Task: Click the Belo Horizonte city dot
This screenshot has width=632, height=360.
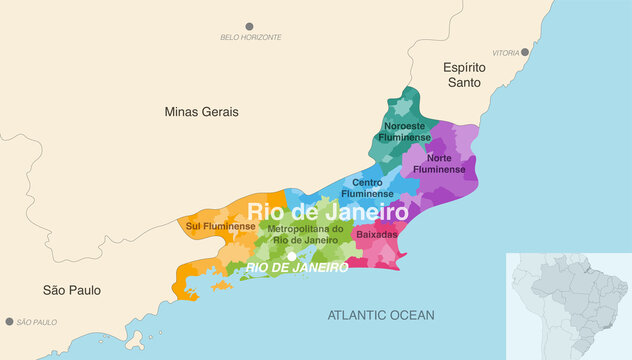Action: click(x=250, y=26)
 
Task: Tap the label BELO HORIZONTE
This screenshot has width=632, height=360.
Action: click(x=251, y=38)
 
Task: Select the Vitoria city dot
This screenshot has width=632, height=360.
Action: click(x=525, y=52)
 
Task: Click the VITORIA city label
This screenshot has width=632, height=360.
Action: click(x=506, y=53)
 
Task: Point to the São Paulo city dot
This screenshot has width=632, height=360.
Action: click(x=10, y=322)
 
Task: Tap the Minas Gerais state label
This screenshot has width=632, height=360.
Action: click(x=201, y=112)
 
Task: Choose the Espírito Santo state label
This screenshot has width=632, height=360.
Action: click(x=465, y=76)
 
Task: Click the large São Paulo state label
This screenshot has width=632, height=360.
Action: click(x=71, y=290)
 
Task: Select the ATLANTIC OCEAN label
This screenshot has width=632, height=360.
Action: click(x=381, y=315)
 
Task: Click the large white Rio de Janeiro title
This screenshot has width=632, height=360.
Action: click(x=327, y=212)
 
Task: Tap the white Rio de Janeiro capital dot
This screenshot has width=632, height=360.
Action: click(x=291, y=256)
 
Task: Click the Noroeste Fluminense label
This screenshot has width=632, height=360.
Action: click(x=404, y=132)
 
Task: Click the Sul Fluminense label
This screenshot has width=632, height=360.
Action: click(x=220, y=226)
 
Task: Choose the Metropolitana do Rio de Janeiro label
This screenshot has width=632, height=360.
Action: click(x=305, y=234)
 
